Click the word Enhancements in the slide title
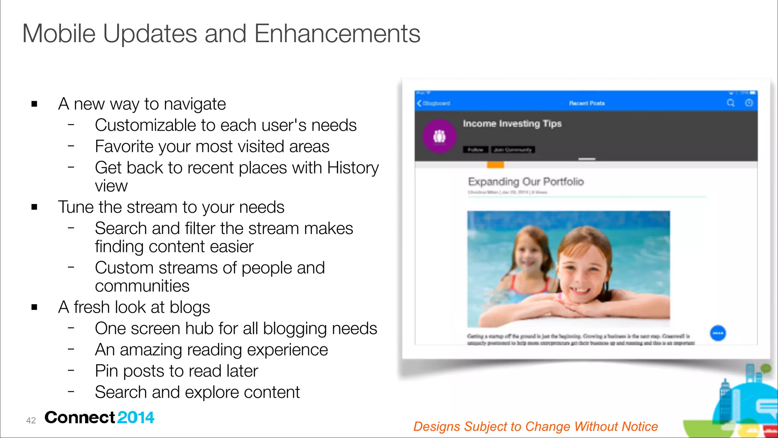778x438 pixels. tap(337, 34)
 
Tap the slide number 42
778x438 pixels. tap(31, 420)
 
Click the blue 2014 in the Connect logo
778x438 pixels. tap(136, 417)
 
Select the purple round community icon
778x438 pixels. tap(440, 136)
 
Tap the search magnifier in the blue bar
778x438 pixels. tap(731, 103)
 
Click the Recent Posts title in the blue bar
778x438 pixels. tap(587, 103)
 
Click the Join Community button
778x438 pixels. tap(512, 150)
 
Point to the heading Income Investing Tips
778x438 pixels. tap(512, 124)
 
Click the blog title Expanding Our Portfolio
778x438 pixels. tap(525, 182)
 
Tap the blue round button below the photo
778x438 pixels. tap(718, 333)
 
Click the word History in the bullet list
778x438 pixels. tap(353, 168)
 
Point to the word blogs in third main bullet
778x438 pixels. tap(190, 307)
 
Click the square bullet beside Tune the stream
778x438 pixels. tap(35, 207)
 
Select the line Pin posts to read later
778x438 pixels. tap(176, 371)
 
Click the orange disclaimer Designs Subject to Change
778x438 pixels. tap(535, 426)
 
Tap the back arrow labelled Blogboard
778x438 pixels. tap(433, 103)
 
